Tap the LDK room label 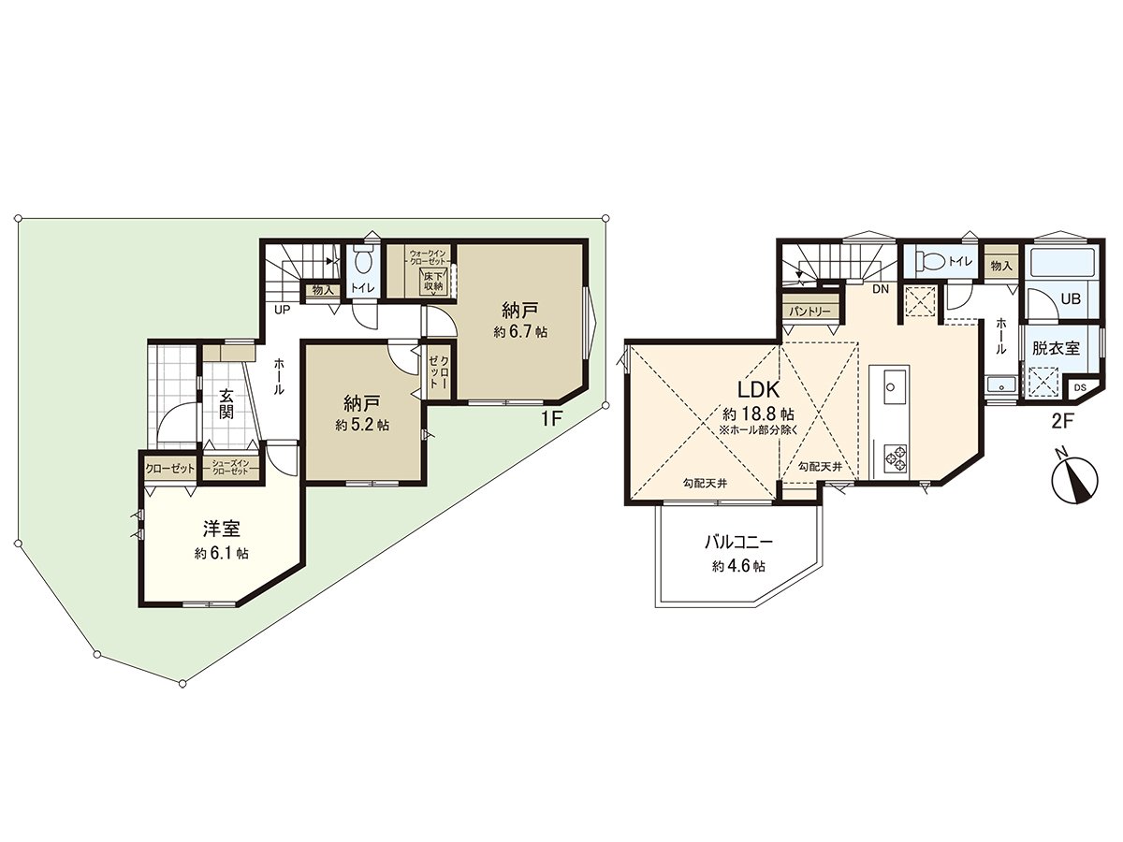pos(759,388)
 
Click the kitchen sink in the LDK pos(893,384)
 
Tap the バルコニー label pos(738,542)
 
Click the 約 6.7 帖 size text pos(521,331)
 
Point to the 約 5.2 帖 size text pos(365,424)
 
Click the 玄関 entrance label pos(226,404)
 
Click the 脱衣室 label pos(1056,348)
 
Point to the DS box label pos(1080,388)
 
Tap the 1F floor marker pos(551,419)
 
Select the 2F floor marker pos(1061,421)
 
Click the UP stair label pos(281,310)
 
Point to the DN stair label pos(880,289)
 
